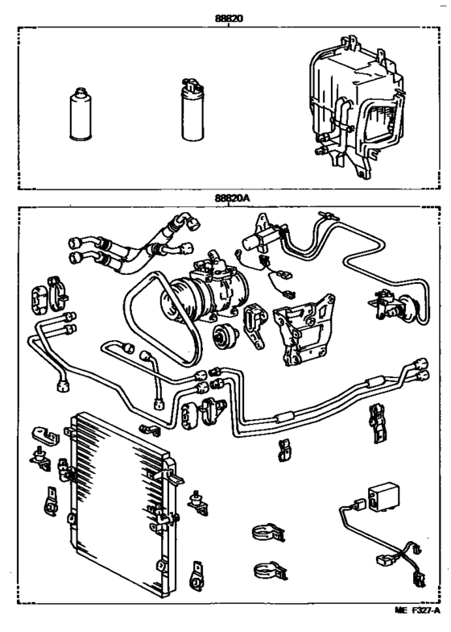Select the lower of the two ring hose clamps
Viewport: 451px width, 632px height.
[x=267, y=568]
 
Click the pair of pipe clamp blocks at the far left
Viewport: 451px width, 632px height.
[x=48, y=297]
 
